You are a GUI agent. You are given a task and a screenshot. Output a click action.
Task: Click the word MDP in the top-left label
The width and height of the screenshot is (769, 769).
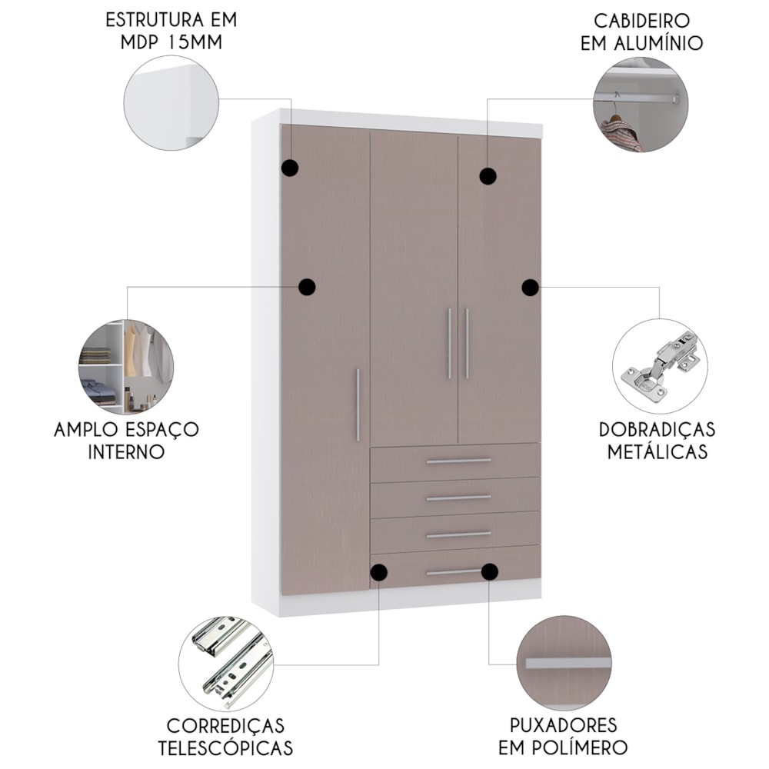139,42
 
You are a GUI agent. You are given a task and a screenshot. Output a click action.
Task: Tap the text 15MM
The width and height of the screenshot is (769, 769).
195,42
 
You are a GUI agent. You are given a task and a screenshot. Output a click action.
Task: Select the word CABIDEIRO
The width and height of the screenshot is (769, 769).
641,21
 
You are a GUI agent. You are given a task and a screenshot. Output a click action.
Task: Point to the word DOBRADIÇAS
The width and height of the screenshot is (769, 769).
657,430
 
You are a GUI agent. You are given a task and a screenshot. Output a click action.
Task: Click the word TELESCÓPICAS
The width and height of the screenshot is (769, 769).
225,748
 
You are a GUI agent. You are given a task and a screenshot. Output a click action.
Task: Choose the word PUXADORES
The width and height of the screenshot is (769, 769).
563,725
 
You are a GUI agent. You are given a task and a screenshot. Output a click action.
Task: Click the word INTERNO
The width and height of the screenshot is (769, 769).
126,451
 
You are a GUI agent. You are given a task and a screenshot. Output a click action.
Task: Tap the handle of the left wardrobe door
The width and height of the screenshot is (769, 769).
358,404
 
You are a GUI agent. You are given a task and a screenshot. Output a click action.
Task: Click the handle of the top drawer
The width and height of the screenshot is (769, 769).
458,461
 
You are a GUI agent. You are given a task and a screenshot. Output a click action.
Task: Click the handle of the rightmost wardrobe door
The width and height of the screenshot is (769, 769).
467,343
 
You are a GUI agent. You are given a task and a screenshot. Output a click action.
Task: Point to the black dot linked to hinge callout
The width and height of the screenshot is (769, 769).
530,288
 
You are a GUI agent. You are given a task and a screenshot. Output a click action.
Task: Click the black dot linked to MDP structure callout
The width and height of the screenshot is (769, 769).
291,168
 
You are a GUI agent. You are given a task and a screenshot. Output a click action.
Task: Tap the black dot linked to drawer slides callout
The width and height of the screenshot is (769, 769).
378,572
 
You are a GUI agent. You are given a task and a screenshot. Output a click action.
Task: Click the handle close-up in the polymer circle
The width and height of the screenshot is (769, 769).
568,663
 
